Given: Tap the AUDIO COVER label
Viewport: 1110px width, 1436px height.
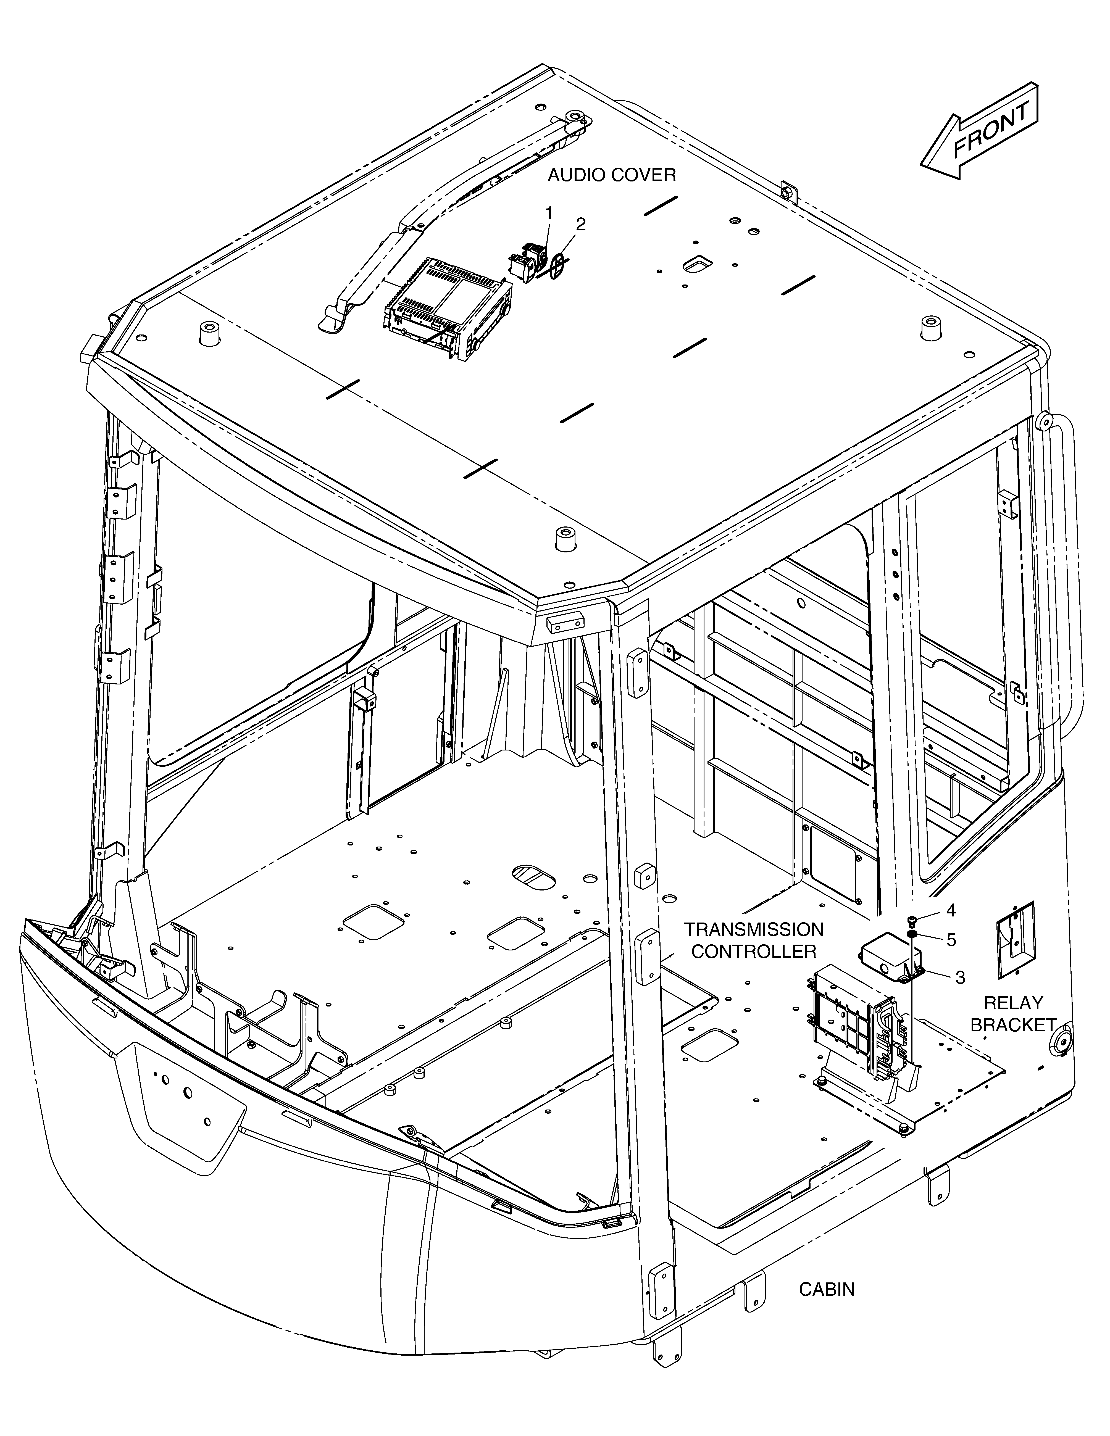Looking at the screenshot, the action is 612,175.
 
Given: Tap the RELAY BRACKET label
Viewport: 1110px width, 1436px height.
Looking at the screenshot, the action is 1013,1013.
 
